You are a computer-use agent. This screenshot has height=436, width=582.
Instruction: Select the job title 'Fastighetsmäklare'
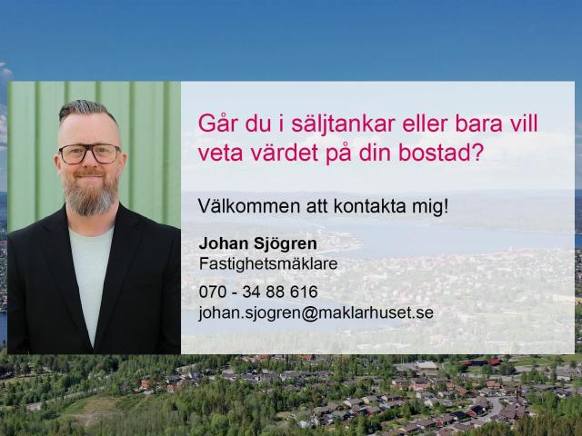tap(268, 263)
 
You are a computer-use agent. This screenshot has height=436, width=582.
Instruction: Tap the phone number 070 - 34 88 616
tap(257, 292)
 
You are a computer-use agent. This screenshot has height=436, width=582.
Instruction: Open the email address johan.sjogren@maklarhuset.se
tap(316, 312)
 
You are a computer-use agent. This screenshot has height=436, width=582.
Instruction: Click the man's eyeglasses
tap(88, 154)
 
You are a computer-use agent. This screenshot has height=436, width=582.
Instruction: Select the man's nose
tap(89, 163)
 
